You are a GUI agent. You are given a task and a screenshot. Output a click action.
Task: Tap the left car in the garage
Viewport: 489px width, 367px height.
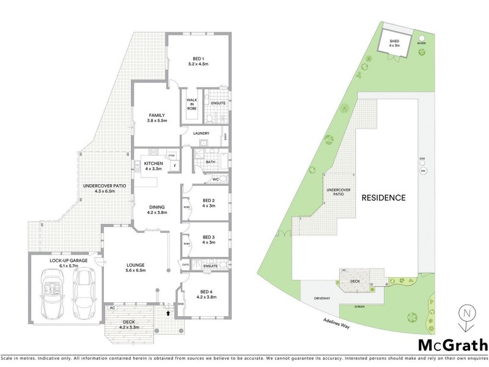pos(52,291)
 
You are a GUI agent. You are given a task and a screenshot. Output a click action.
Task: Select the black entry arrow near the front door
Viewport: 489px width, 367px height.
pos(169,313)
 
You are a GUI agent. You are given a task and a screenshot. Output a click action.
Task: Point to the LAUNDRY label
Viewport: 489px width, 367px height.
pos(201,133)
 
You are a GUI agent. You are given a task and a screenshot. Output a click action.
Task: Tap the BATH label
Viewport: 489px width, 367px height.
pos(210,162)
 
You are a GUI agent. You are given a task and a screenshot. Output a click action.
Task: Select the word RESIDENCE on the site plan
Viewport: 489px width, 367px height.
pos(383,198)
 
